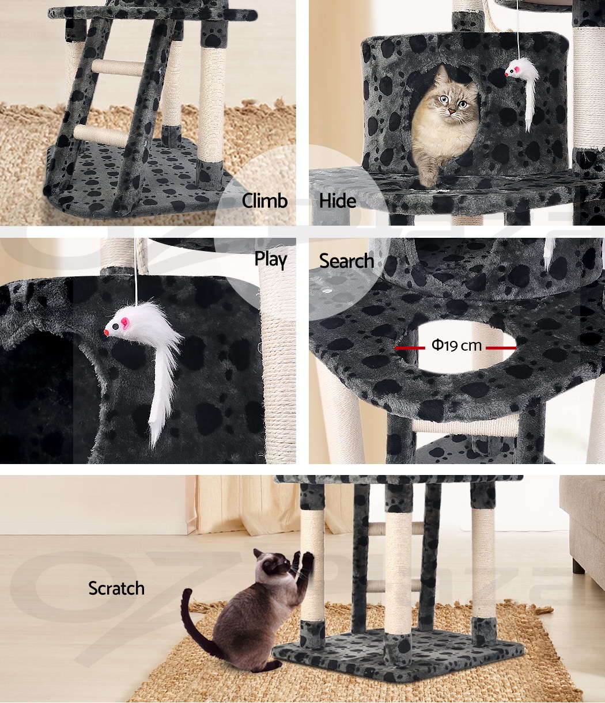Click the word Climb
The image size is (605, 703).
[x=264, y=201]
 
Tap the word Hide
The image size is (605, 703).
[x=338, y=201]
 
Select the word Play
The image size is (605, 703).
[x=271, y=260]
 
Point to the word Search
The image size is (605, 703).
[x=346, y=261]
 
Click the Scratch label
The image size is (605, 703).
[x=116, y=588]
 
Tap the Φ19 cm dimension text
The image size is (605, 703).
[x=456, y=345]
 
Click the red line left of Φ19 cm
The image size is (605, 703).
[x=410, y=348]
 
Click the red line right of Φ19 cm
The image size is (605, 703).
[x=501, y=348]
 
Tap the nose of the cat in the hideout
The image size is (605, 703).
[x=451, y=111]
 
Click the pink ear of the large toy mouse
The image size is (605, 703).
[x=125, y=322]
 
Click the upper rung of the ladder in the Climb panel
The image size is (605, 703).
[x=118, y=67]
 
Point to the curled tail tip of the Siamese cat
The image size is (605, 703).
[x=187, y=594]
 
